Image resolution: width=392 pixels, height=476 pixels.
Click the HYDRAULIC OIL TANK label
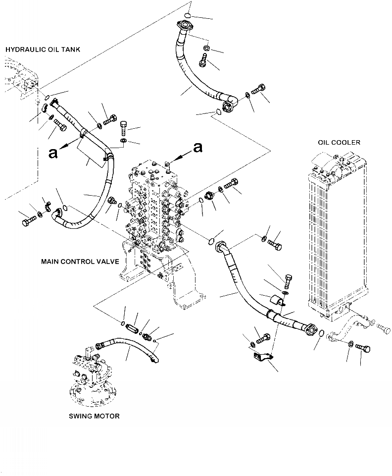coord(43,49)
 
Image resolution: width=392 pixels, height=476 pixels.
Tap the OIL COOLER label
coord(339,143)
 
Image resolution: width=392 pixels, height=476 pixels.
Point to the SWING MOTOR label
coord(94,416)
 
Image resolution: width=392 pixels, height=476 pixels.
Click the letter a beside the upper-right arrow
coord(198,147)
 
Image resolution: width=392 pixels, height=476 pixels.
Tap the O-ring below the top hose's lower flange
coord(216,114)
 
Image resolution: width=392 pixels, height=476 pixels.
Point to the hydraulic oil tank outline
coord(20,79)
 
